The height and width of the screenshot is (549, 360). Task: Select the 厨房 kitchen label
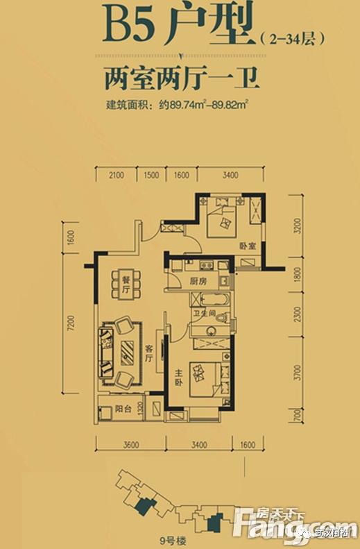[x=198, y=282]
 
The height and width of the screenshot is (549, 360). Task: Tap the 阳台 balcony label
[x=123, y=409]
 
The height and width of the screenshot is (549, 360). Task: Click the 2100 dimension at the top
[x=117, y=176]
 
